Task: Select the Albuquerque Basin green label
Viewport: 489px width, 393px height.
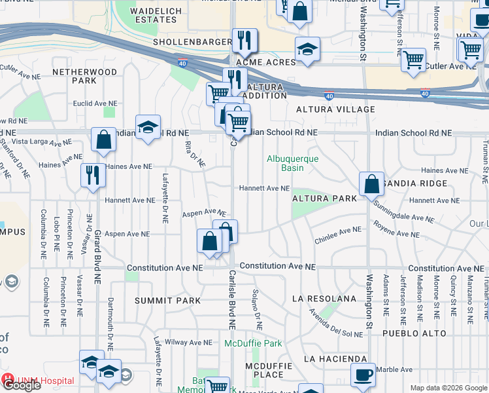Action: [x=292, y=163]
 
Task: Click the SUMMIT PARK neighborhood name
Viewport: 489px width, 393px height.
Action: [x=158, y=301]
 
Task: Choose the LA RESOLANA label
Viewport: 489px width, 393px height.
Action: [x=324, y=299]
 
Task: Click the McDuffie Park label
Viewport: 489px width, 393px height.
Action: [x=253, y=343]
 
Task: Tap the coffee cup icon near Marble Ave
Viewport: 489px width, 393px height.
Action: [x=363, y=375]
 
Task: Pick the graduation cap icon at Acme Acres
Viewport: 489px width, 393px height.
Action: [x=307, y=50]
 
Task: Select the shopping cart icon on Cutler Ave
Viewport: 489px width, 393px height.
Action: [x=414, y=60]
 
